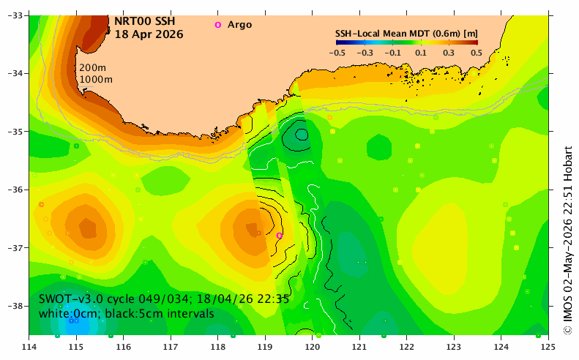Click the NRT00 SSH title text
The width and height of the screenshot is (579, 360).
click(x=144, y=21)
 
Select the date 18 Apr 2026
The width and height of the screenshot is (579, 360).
click(x=149, y=34)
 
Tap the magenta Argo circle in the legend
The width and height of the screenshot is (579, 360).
click(x=218, y=25)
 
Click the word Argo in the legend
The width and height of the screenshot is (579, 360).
click(x=239, y=25)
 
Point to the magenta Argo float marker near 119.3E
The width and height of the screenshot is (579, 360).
click(x=280, y=236)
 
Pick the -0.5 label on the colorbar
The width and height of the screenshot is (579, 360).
click(x=337, y=53)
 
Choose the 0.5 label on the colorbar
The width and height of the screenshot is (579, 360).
click(x=477, y=53)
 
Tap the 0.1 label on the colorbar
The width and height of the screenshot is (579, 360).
click(x=421, y=53)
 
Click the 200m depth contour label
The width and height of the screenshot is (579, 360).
click(x=93, y=68)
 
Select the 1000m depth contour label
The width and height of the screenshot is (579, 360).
click(x=96, y=79)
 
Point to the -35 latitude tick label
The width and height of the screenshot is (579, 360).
click(x=15, y=132)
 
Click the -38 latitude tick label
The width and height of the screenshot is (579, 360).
click(x=15, y=306)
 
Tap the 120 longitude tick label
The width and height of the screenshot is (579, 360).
click(x=312, y=347)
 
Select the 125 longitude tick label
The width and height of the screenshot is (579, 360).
click(x=548, y=347)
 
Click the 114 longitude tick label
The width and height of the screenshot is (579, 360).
click(x=29, y=347)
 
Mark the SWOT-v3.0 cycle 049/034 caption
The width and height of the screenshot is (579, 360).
click(x=164, y=299)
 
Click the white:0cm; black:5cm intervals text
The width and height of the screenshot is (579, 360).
click(x=127, y=314)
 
